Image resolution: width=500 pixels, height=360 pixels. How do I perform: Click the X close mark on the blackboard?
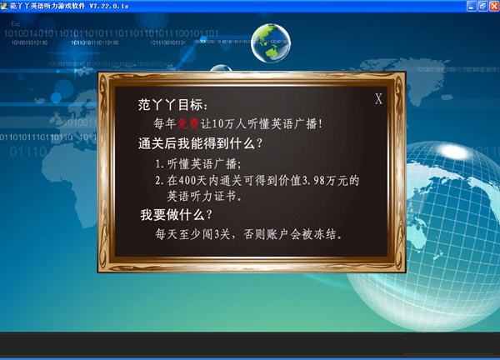378,99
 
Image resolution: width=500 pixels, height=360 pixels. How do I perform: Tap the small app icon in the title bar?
5,6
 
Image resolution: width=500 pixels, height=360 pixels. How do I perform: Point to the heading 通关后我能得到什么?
201,143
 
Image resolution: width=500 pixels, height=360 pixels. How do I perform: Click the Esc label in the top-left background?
16,23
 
